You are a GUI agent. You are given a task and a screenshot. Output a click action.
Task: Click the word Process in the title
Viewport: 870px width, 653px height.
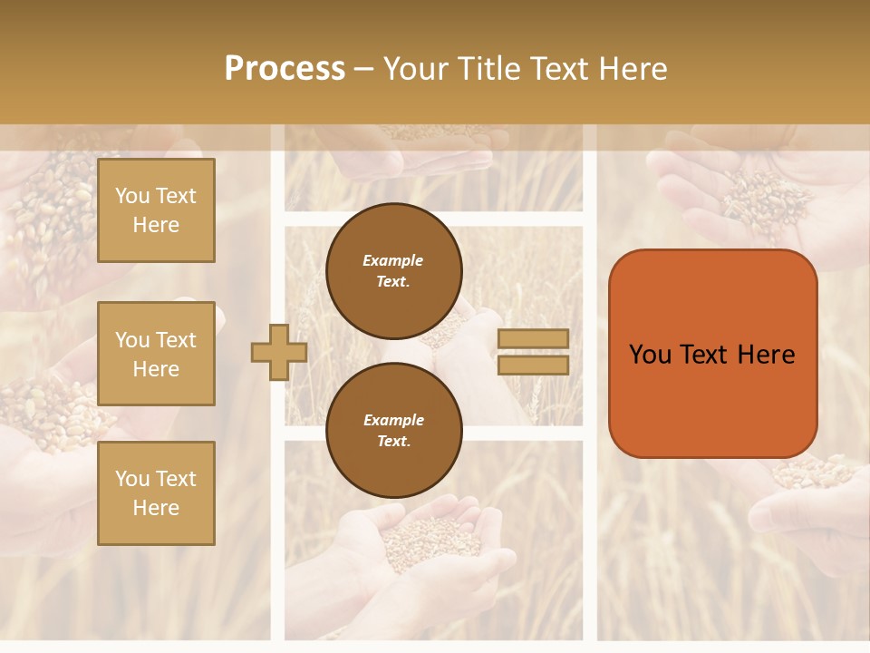click(x=285, y=69)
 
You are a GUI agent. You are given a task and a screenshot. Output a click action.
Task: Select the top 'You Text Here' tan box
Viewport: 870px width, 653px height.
click(x=156, y=210)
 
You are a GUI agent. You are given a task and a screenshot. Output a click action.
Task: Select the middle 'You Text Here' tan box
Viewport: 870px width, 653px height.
click(x=156, y=354)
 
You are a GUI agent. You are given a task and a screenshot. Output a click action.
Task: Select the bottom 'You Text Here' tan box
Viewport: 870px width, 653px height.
click(x=156, y=492)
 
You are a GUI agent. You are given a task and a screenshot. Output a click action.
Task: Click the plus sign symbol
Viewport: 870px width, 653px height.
click(x=279, y=353)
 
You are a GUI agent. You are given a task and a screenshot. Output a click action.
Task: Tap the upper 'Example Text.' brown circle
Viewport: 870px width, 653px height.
click(x=393, y=270)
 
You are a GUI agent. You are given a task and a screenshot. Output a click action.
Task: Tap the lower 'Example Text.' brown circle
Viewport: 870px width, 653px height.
click(x=393, y=430)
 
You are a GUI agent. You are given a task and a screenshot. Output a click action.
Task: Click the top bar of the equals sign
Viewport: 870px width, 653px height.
click(x=533, y=338)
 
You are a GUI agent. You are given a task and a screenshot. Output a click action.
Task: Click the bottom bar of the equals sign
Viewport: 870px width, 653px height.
click(x=533, y=365)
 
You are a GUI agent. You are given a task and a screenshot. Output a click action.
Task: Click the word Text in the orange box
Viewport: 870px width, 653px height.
click(x=707, y=355)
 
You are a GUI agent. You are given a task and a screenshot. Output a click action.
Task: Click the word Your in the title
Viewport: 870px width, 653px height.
click(x=416, y=69)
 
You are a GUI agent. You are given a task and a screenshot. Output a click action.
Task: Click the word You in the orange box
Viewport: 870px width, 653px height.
click(x=650, y=355)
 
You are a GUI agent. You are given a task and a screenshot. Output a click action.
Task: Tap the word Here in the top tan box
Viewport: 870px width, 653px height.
click(x=156, y=225)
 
